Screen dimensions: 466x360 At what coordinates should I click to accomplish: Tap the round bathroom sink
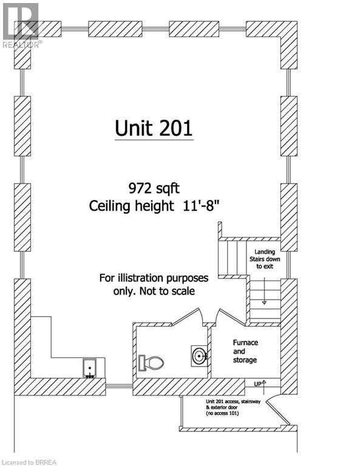[x=199, y=355]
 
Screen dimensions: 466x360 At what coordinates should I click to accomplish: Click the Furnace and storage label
[x=245, y=351]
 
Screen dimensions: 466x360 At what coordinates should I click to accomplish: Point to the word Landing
[x=264, y=252]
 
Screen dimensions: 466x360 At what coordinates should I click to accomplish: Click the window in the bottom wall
[x=119, y=385]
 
